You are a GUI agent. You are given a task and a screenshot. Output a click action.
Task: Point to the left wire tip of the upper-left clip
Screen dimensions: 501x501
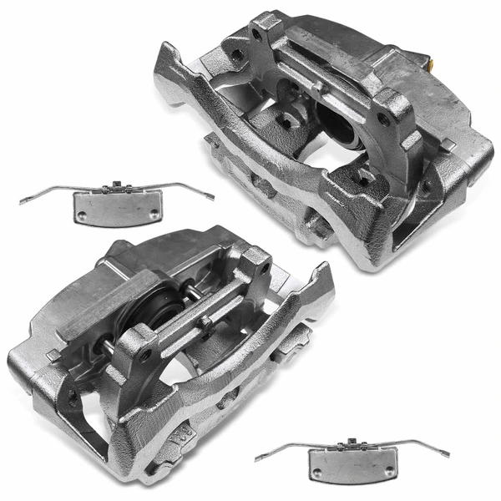[23, 201]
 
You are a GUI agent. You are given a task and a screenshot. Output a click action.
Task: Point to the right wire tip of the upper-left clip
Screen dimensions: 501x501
[212, 199]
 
